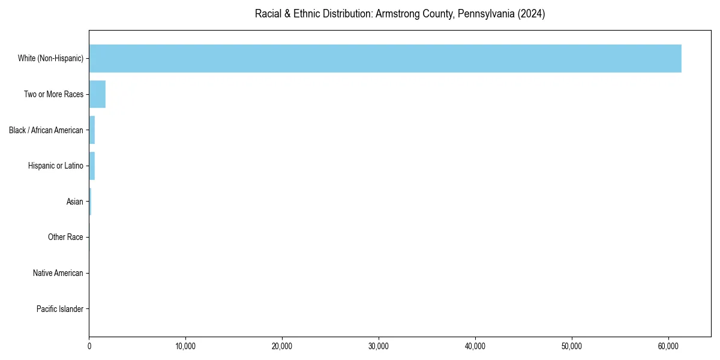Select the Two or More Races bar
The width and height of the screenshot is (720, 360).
(x=97, y=94)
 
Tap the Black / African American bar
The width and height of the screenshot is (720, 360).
(x=92, y=130)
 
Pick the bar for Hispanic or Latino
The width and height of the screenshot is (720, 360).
(x=92, y=166)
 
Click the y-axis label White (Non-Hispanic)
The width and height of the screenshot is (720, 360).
(x=50, y=58)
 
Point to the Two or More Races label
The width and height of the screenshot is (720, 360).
(x=53, y=94)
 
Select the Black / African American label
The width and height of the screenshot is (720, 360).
(x=46, y=130)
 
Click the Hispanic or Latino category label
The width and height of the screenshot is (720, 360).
(x=55, y=166)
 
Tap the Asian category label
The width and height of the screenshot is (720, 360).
(x=75, y=202)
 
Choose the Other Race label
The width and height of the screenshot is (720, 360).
(x=65, y=238)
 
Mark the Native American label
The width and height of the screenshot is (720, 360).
(x=58, y=273)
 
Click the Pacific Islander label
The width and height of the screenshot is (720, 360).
(x=60, y=309)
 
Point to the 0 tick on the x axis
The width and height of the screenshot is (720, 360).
(x=89, y=346)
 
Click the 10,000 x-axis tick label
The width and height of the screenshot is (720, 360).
(x=186, y=346)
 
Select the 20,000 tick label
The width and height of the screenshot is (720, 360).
(x=282, y=346)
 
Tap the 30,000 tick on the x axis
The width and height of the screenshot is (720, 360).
(x=379, y=346)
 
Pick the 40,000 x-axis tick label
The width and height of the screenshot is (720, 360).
(x=475, y=346)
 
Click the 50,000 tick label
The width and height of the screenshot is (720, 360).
(x=572, y=346)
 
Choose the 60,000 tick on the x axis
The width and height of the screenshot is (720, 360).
(x=668, y=346)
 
